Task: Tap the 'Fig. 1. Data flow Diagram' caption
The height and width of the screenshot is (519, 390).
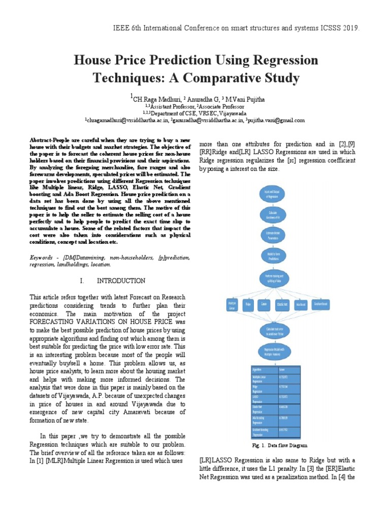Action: coord(280,445)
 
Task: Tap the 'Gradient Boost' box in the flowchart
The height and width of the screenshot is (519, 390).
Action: coord(320,305)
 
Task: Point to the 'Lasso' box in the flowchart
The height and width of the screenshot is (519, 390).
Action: coord(264,305)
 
